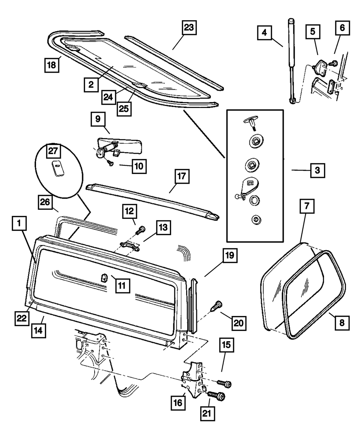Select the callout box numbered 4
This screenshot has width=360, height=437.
pyautogui.click(x=265, y=33)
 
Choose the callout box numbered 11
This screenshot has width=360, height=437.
pyautogui.click(x=123, y=286)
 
